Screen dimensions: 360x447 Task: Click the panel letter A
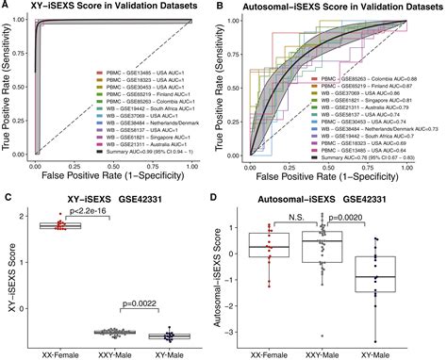tap(7, 8)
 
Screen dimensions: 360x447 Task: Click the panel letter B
tap(223, 8)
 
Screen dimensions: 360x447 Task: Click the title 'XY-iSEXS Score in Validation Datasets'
tap(115, 8)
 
